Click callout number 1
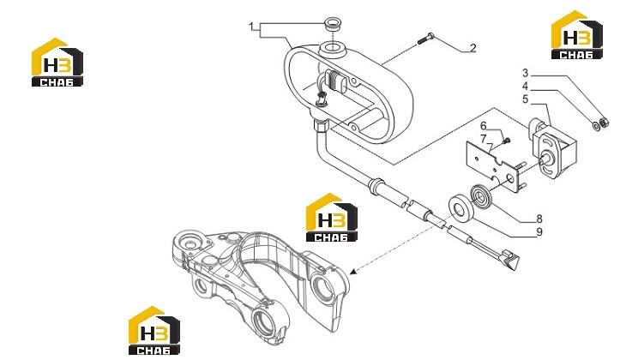(x=251, y=27)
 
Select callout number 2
(x=473, y=48)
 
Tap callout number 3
(x=526, y=73)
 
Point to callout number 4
(x=526, y=87)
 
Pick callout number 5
(x=526, y=99)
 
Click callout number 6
(x=484, y=126)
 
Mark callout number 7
(x=484, y=139)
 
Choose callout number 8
(x=539, y=219)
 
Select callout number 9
(x=539, y=232)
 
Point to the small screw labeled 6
(x=507, y=141)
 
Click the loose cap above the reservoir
(x=332, y=24)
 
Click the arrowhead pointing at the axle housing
(x=352, y=272)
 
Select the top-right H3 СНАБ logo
(x=576, y=35)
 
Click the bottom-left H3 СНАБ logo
(x=154, y=331)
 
